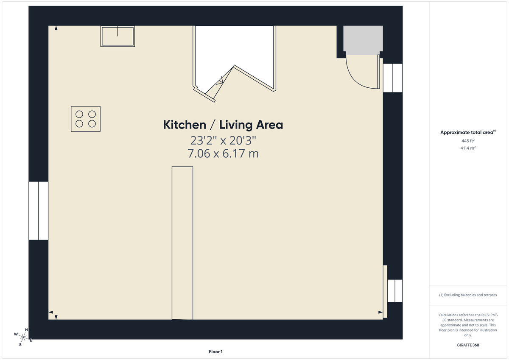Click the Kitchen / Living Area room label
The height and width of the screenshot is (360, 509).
223,125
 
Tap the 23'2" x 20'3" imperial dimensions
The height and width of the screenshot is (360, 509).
223,140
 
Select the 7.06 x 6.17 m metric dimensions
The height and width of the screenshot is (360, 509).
223,153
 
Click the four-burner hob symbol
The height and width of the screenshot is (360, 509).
86,119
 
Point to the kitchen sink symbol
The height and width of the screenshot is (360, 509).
117,36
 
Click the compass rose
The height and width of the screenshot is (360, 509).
24,337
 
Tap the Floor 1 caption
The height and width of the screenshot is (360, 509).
215,352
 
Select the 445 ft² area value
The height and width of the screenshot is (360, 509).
468,141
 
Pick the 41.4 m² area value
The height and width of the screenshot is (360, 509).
468,148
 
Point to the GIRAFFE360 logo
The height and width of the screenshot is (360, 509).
467,345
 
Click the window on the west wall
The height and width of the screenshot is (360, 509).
38,211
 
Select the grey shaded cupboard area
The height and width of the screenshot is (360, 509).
363,40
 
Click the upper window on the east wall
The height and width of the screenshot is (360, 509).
392,78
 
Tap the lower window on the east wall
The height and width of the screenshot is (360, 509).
394,291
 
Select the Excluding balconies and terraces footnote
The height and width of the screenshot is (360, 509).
468,295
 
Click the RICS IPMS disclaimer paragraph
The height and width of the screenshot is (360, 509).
468,325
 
